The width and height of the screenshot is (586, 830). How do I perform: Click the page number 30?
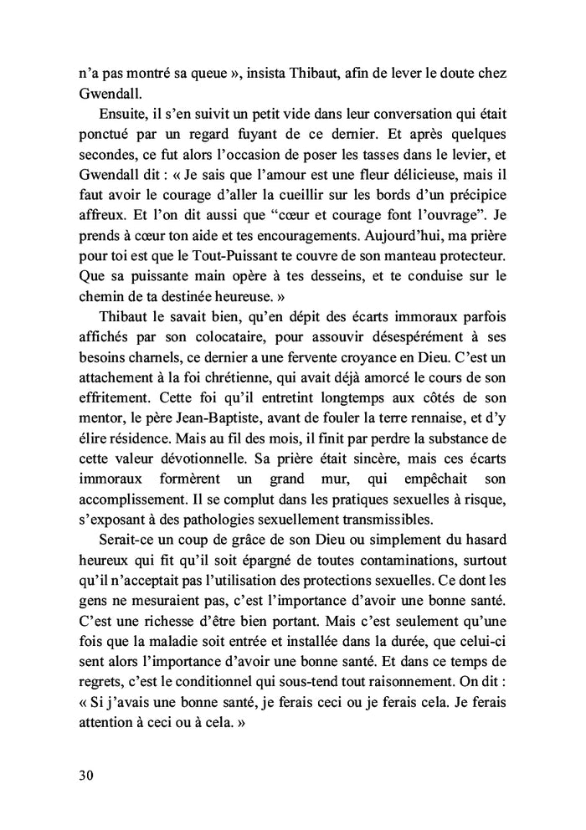[80, 775]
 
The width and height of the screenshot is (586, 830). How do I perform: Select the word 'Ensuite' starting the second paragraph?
[125, 115]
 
